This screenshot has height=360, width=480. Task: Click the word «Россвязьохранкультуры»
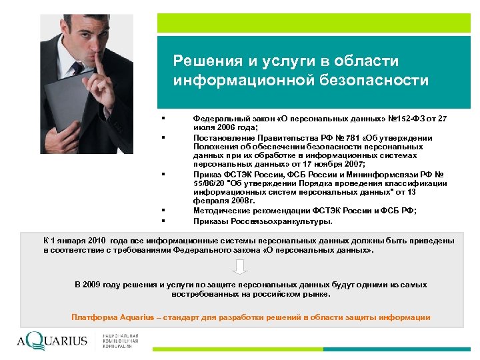click(x=275, y=221)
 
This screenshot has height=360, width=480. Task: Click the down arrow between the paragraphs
click(x=240, y=267)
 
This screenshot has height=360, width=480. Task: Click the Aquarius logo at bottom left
click(x=53, y=341)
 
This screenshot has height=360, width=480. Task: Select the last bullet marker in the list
click(x=163, y=221)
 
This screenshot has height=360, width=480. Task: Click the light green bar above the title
click(x=313, y=23)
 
